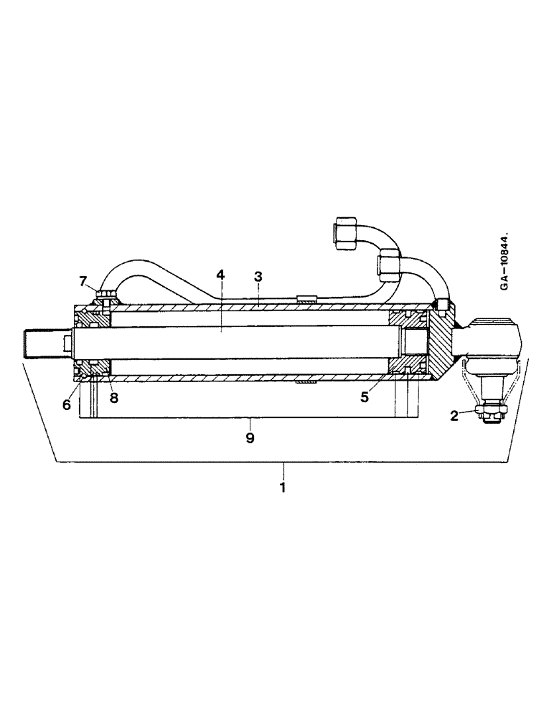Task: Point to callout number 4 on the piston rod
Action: (x=221, y=275)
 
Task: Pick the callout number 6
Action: (x=66, y=404)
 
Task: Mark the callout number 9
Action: (x=250, y=437)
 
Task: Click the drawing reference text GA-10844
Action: (x=505, y=262)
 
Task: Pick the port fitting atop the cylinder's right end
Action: (x=441, y=305)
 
